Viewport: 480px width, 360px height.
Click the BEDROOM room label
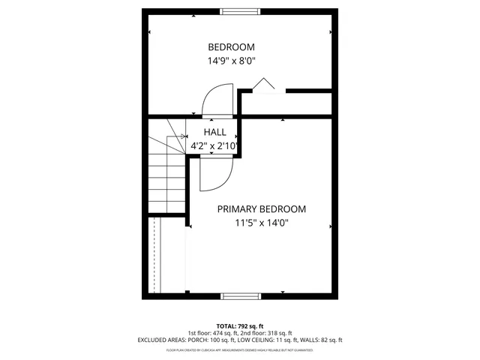(x=236, y=46)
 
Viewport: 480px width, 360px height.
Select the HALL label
(x=214, y=132)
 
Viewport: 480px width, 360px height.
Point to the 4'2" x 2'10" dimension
(x=214, y=145)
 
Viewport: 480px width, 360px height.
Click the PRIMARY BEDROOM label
(x=261, y=208)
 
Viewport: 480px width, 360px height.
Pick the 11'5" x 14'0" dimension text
(x=261, y=223)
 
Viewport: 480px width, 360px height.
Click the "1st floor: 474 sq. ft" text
(x=213, y=333)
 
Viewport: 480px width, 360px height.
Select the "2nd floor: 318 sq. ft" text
(x=268, y=333)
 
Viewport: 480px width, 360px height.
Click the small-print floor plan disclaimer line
(x=240, y=349)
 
